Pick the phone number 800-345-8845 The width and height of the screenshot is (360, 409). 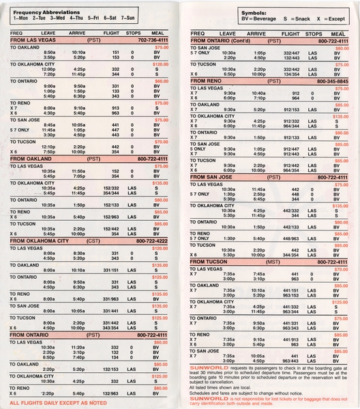(332, 81)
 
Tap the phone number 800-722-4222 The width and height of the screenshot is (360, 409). (151, 241)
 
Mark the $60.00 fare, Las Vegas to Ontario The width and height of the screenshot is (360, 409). (161, 80)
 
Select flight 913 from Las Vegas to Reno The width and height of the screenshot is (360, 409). (115, 108)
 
